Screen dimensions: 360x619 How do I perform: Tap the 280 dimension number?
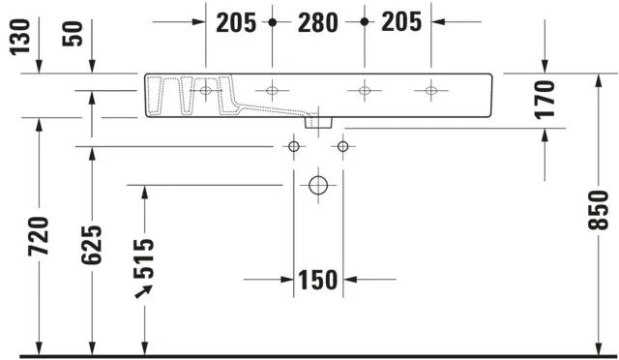click(317, 22)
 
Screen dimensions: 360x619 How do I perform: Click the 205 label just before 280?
click(235, 22)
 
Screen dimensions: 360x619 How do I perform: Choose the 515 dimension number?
click(144, 258)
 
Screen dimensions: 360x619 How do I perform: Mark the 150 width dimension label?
click(317, 281)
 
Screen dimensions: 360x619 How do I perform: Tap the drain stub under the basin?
click(317, 123)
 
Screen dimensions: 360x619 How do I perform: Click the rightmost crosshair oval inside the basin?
click(430, 92)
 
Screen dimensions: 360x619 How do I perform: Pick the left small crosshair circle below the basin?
click(293, 146)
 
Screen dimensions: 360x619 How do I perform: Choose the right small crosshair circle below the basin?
click(341, 146)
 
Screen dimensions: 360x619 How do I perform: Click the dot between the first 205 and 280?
click(273, 21)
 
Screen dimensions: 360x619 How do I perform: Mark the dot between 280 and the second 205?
click(363, 21)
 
